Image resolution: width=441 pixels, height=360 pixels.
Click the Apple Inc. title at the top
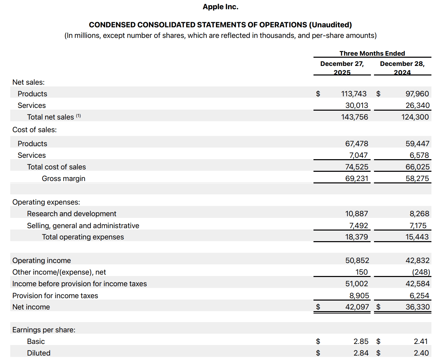pos(220,7)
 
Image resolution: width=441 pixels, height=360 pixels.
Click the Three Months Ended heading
pos(372,53)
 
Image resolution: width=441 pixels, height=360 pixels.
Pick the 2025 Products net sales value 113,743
pos(353,94)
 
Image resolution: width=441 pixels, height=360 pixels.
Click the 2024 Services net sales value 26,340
pos(417,106)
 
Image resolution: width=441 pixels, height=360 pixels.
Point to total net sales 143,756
pos(355,117)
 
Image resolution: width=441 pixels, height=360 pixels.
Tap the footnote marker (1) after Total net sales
pos(78,116)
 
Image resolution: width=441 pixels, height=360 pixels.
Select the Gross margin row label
pos(64,179)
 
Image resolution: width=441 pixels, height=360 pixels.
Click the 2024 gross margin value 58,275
pos(417,179)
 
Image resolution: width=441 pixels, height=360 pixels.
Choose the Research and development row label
pos(71,214)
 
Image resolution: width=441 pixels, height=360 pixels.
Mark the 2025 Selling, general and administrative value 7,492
pos(358,226)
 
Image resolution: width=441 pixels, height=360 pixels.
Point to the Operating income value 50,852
pos(357,261)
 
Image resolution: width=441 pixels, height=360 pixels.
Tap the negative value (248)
pos(421,272)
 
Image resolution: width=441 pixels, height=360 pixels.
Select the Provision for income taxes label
pos(55,296)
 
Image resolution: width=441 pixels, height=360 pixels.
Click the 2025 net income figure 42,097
pos(357,307)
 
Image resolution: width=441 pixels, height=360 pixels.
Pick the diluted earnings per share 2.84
pos(361,353)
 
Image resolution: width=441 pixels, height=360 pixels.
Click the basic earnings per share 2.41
pos(420,342)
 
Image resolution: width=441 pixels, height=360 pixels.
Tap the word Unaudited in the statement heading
pos(330,25)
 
